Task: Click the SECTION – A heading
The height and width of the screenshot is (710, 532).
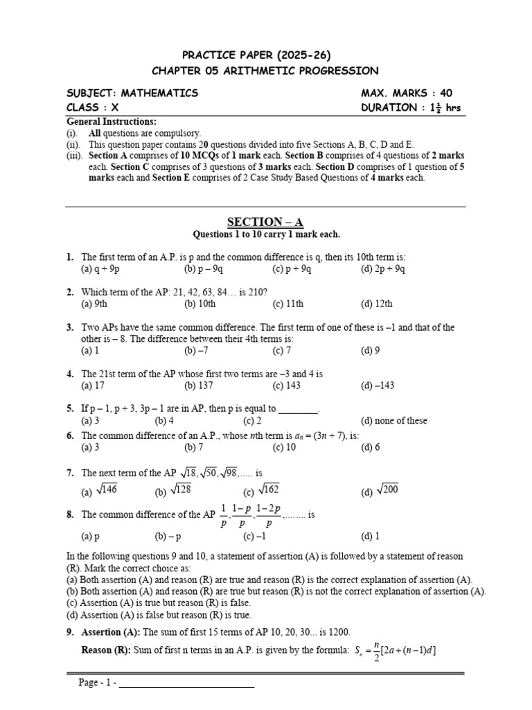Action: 265,222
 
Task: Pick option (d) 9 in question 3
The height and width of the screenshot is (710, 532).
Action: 370,351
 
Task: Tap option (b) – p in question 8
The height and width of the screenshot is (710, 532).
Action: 167,536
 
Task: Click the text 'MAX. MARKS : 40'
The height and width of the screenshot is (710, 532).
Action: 407,93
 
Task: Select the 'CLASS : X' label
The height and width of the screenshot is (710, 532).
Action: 92,107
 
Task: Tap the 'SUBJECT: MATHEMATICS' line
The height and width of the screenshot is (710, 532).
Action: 132,93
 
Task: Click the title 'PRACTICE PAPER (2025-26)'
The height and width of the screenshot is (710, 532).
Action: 265,54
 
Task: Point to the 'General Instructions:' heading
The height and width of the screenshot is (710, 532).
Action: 112,121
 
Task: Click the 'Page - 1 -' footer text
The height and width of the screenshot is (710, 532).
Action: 97,683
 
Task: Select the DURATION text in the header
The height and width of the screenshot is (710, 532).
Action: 410,107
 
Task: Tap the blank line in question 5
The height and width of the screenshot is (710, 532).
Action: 298,409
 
